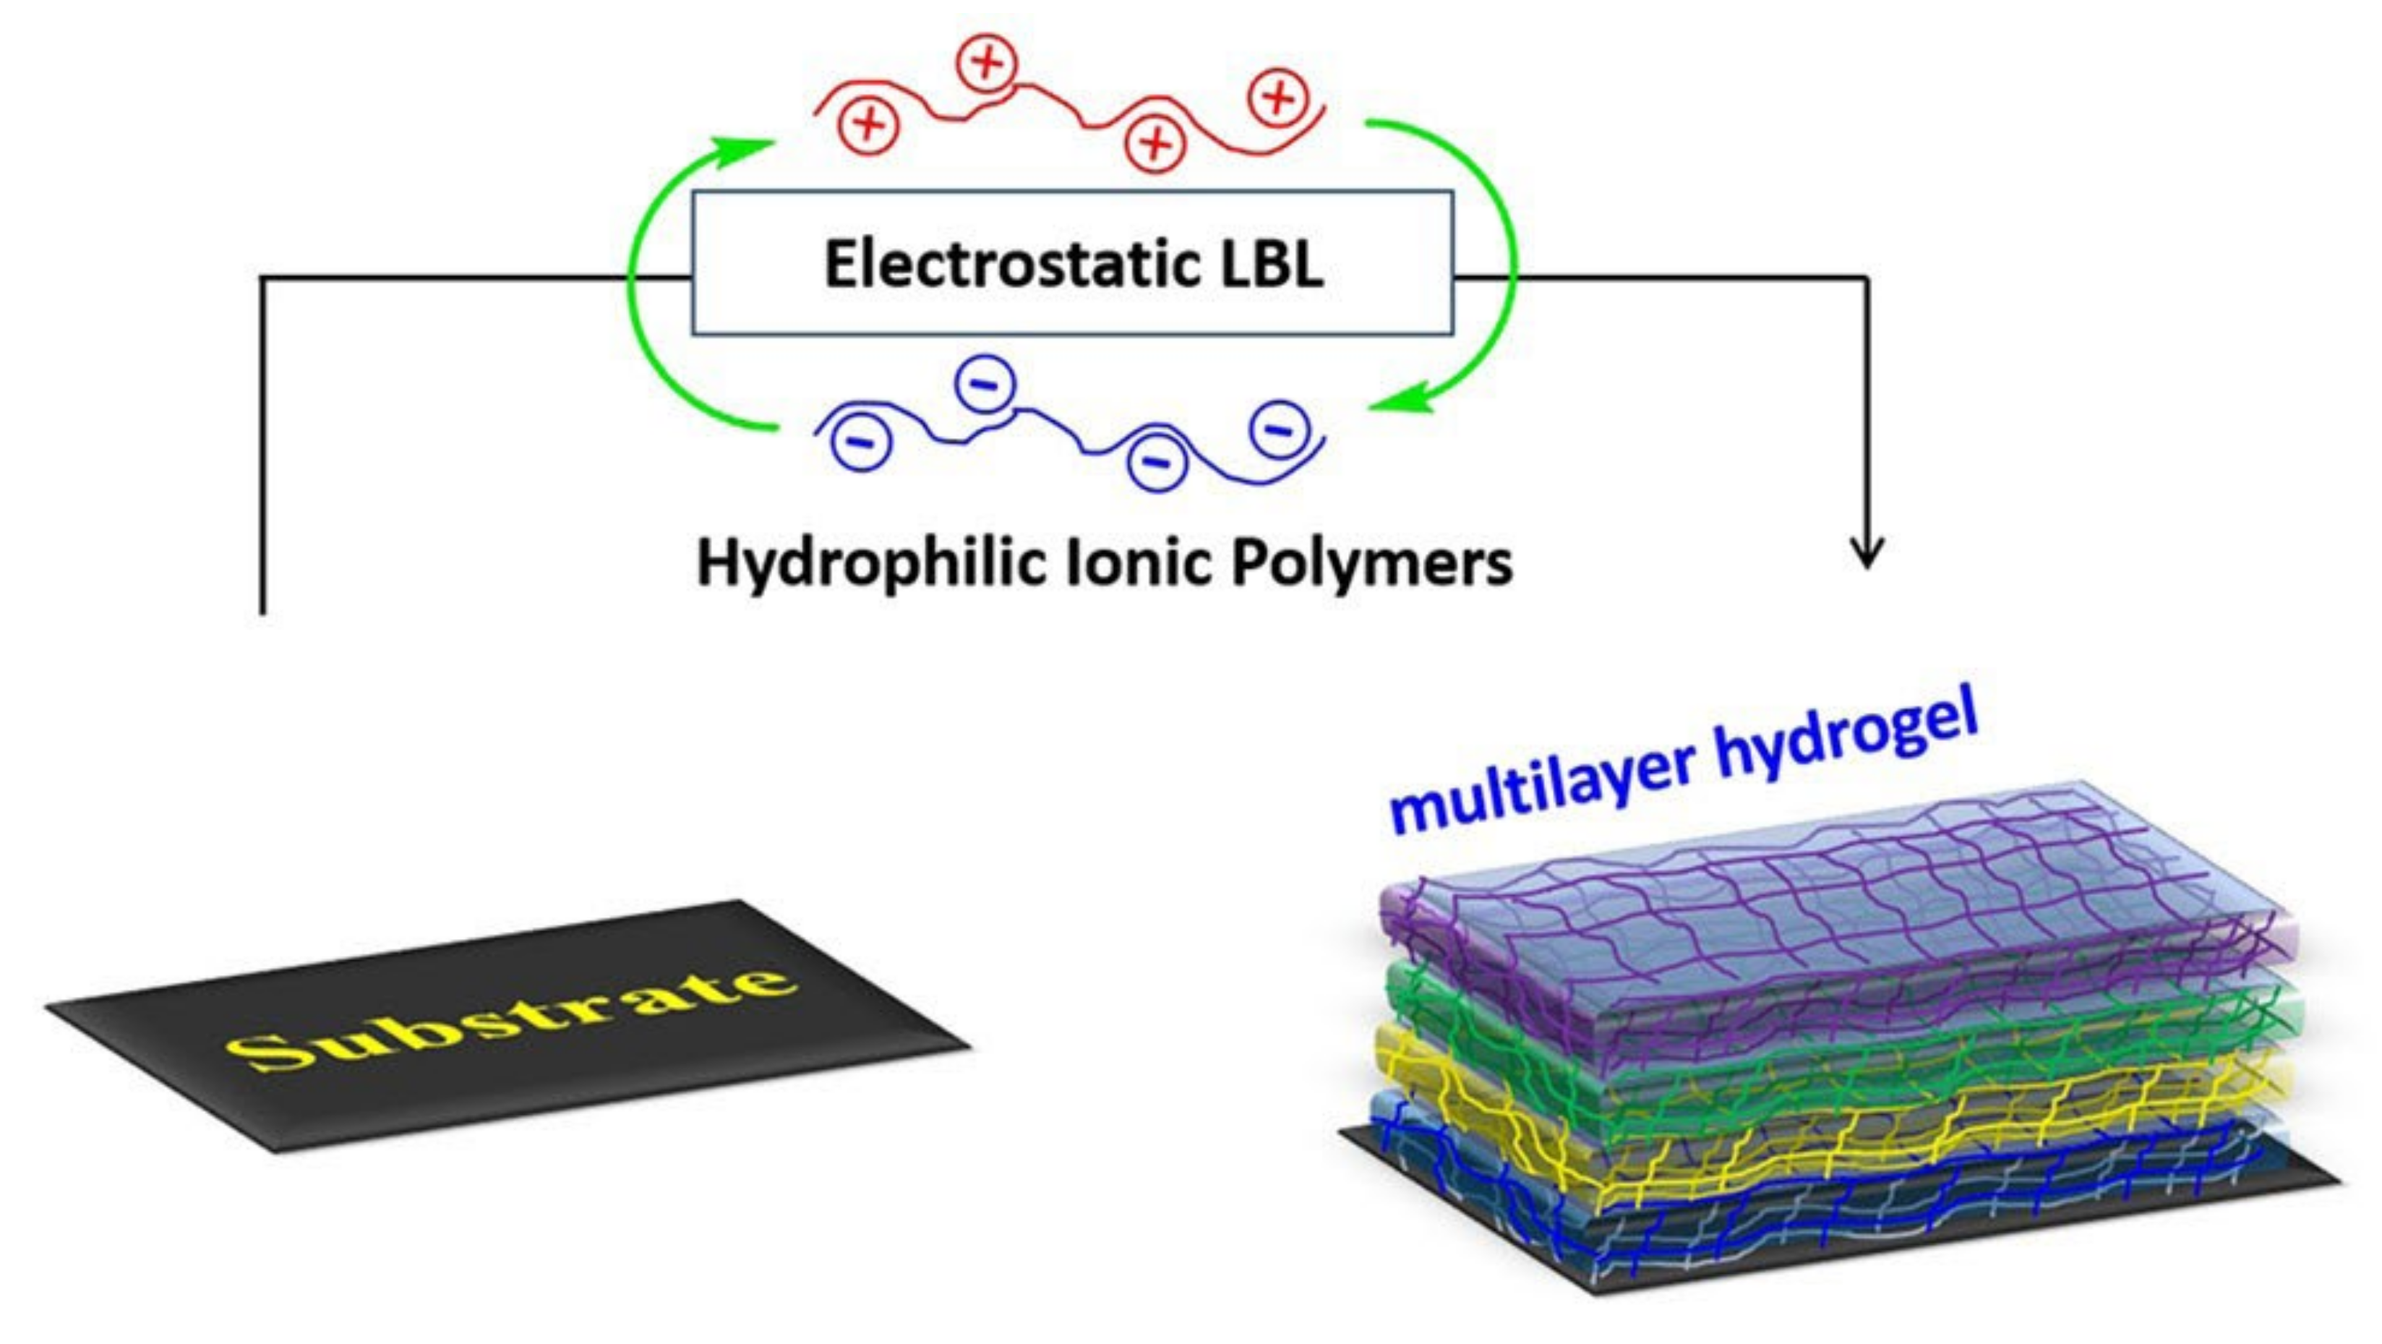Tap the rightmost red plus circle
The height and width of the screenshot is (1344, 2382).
click(1279, 98)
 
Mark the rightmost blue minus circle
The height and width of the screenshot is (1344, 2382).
click(1279, 428)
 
